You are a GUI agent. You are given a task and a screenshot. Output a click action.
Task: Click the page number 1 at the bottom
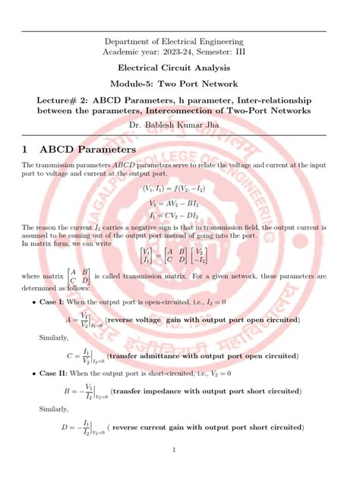(174, 450)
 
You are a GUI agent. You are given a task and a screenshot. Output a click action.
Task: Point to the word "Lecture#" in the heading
(43, 99)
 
